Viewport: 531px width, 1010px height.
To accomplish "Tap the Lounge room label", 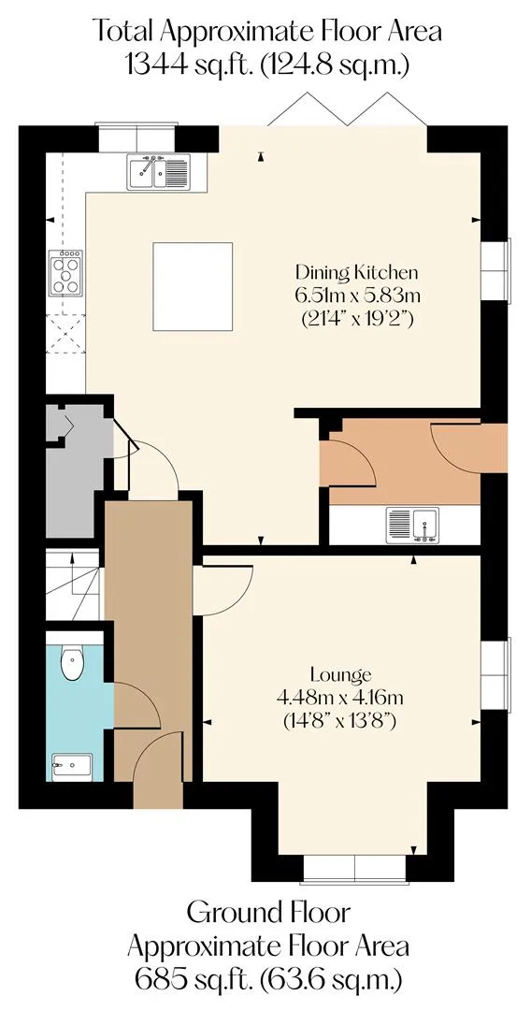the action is click(x=340, y=675).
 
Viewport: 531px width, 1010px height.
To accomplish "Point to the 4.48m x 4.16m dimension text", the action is click(x=340, y=698).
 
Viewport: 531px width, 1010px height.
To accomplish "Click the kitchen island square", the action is click(x=193, y=287).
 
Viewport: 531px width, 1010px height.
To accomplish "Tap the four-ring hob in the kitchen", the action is click(x=65, y=273).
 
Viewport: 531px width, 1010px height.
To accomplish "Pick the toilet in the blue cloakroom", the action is click(x=71, y=661).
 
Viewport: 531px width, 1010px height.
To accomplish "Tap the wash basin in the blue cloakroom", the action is click(x=71, y=767).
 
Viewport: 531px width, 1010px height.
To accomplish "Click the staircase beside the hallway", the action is click(x=73, y=584).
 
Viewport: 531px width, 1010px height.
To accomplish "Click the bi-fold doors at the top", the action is click(x=348, y=109).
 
